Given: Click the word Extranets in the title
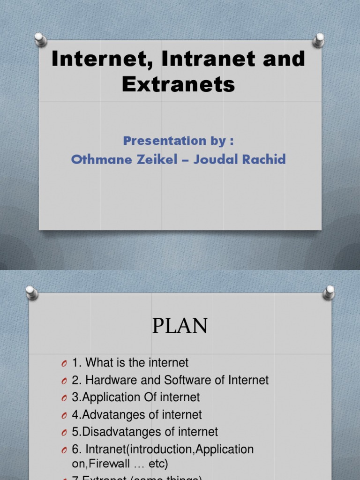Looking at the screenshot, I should [x=179, y=84].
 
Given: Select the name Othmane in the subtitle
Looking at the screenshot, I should [x=95, y=159].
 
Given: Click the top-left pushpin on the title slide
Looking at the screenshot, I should [x=41, y=40].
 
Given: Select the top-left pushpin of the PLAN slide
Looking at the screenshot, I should [x=31, y=292].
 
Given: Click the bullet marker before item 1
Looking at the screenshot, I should [x=64, y=363].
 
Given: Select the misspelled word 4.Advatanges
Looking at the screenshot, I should [x=103, y=415].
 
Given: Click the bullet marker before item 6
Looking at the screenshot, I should [x=64, y=450].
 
